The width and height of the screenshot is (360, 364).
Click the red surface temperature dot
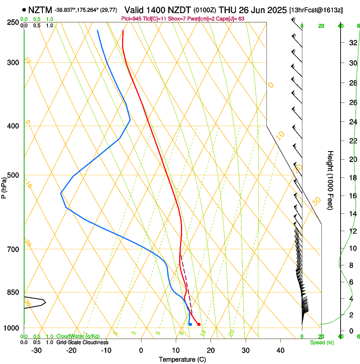click(x=199, y=324)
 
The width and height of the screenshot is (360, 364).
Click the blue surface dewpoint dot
click(x=190, y=324)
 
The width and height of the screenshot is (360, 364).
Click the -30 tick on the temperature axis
click(x=36, y=350)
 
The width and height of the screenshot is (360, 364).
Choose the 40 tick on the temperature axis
click(x=280, y=350)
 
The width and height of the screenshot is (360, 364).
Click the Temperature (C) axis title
click(x=183, y=360)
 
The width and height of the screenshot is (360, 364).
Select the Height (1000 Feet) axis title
click(x=331, y=180)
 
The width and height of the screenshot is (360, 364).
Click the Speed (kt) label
click(x=321, y=342)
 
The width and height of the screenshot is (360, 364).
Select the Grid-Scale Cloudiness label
click(x=82, y=342)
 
